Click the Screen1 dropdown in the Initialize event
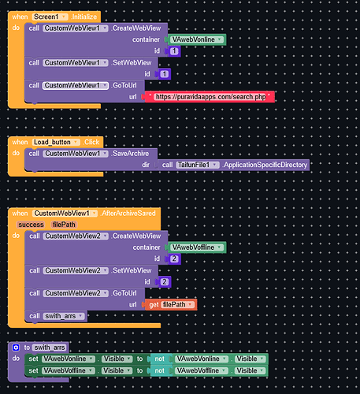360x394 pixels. (x=50, y=17)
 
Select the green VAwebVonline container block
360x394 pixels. (x=196, y=39)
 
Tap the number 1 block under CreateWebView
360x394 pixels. (x=173, y=51)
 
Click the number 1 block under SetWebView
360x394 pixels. (x=164, y=74)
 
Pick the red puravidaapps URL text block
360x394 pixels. (x=210, y=97)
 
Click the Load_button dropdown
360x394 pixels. (x=56, y=142)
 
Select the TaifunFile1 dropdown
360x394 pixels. (x=198, y=165)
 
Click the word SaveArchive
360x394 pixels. (x=131, y=154)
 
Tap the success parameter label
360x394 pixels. (x=31, y=225)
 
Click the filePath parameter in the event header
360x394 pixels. (x=64, y=225)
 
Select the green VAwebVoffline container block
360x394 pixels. (x=196, y=247)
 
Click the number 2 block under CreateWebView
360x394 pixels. (x=173, y=259)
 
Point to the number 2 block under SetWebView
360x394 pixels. (x=164, y=282)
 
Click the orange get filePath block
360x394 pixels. (x=170, y=305)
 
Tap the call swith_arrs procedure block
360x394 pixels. (x=56, y=316)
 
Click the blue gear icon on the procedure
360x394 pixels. (x=16, y=348)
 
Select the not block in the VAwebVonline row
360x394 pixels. (x=159, y=359)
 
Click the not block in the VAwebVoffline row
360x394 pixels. (x=159, y=370)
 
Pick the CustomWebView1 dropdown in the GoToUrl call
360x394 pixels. (x=76, y=86)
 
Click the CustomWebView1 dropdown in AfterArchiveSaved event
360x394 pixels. (x=65, y=214)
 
